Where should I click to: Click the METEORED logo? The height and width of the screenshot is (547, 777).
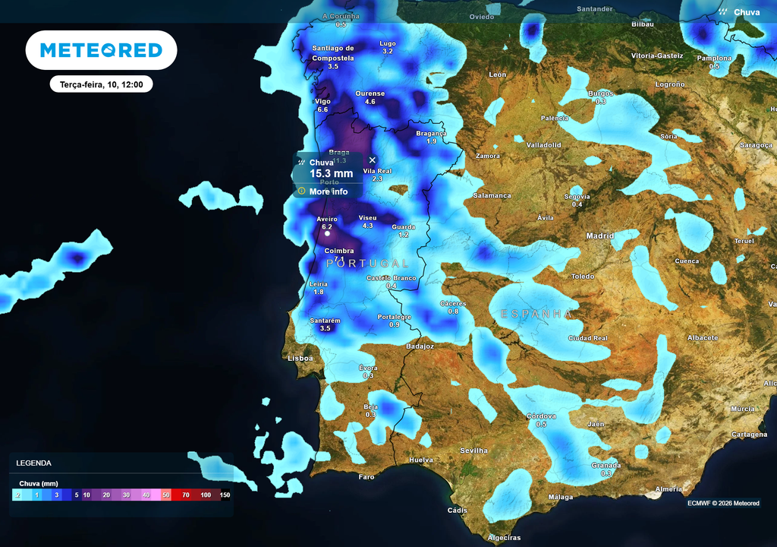point(101,50)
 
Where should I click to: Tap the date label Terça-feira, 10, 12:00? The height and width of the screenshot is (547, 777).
point(102,84)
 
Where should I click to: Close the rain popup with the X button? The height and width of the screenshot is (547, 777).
point(372,160)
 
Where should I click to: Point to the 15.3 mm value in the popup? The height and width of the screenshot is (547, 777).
point(331,174)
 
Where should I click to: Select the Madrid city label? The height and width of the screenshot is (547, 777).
point(599,236)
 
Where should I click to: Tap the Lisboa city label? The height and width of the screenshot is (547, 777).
point(299,358)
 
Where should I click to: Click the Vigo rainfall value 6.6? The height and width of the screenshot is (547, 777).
point(322,110)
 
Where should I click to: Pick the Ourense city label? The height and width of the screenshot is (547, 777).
point(370,93)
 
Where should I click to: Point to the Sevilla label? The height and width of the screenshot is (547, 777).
point(473,451)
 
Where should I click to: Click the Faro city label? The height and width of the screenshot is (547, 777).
point(366,477)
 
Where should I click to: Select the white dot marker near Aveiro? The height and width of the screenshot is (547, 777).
point(327,234)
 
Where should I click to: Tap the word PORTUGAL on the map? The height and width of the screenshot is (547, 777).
point(367,263)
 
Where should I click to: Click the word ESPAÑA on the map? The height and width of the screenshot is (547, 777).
point(536,313)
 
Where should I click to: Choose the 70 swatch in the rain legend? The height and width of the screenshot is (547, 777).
point(186,495)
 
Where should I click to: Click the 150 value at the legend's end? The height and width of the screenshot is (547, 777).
point(225,495)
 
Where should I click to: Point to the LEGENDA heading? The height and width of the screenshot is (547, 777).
point(33,463)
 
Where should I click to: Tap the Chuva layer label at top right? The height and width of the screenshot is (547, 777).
point(746,12)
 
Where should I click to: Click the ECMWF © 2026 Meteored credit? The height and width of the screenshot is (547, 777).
point(723,503)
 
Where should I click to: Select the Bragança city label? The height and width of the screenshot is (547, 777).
point(431,134)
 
